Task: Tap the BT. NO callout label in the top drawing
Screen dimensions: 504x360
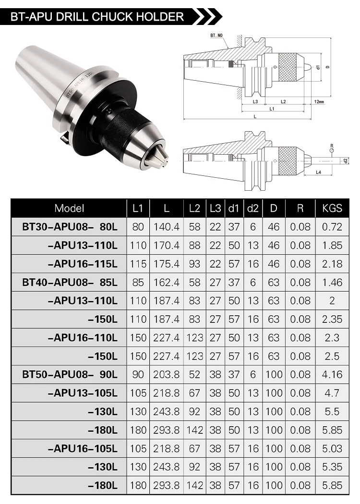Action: (217, 36)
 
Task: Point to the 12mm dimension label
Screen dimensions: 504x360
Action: (317, 102)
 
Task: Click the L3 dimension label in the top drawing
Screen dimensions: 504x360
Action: (256, 102)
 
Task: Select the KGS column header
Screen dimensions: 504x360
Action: (332, 208)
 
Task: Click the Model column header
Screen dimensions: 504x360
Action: (69, 208)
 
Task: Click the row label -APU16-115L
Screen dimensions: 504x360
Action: (83, 264)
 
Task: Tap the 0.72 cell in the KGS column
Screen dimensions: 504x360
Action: (332, 227)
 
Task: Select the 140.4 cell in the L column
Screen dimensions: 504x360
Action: (166, 227)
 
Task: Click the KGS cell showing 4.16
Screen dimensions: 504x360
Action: (332, 374)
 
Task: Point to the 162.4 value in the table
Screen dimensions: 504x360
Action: (166, 282)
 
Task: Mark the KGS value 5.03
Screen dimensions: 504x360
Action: (332, 448)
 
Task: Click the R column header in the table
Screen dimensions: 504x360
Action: (300, 208)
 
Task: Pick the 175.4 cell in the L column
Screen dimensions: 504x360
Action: (166, 264)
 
